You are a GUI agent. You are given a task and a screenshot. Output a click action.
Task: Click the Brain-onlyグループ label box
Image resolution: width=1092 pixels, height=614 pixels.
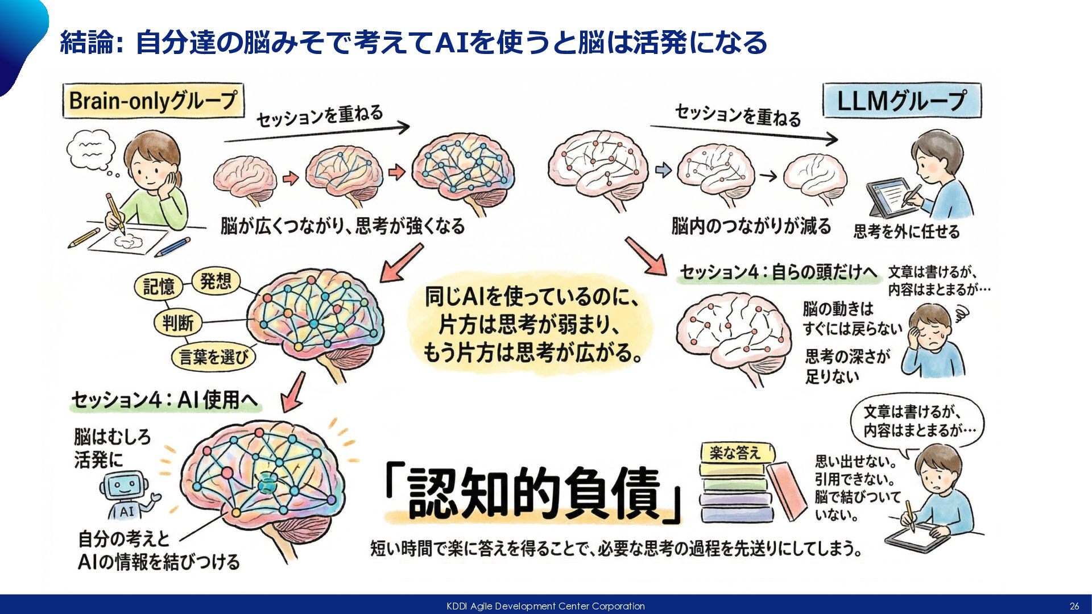152,101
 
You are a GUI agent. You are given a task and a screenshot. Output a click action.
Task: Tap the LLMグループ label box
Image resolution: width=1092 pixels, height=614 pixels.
901,101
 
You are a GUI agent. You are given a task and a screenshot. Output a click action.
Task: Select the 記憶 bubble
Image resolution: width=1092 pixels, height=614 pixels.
159,286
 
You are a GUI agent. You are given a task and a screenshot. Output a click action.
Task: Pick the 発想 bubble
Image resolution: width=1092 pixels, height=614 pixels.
216,281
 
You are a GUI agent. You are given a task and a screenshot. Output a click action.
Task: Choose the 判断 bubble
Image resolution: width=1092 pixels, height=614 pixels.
177,323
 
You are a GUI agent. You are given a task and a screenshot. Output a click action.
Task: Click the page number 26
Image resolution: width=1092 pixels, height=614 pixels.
1074,606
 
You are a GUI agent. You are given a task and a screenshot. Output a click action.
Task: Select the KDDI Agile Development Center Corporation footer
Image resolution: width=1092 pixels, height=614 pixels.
545,606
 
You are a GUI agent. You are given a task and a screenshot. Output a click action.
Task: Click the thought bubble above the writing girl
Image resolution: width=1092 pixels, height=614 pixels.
91,150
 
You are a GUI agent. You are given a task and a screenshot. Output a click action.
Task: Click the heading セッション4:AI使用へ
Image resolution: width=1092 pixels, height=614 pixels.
164,400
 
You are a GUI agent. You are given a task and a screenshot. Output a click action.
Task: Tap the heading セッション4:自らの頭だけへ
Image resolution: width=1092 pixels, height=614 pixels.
779,272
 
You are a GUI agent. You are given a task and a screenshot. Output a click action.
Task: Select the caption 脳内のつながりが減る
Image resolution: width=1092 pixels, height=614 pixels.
751,226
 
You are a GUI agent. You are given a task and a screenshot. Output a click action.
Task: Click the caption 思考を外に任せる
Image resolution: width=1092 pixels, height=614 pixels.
906,231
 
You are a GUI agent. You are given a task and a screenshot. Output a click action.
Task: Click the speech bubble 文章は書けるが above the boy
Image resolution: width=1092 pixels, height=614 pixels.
917,421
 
